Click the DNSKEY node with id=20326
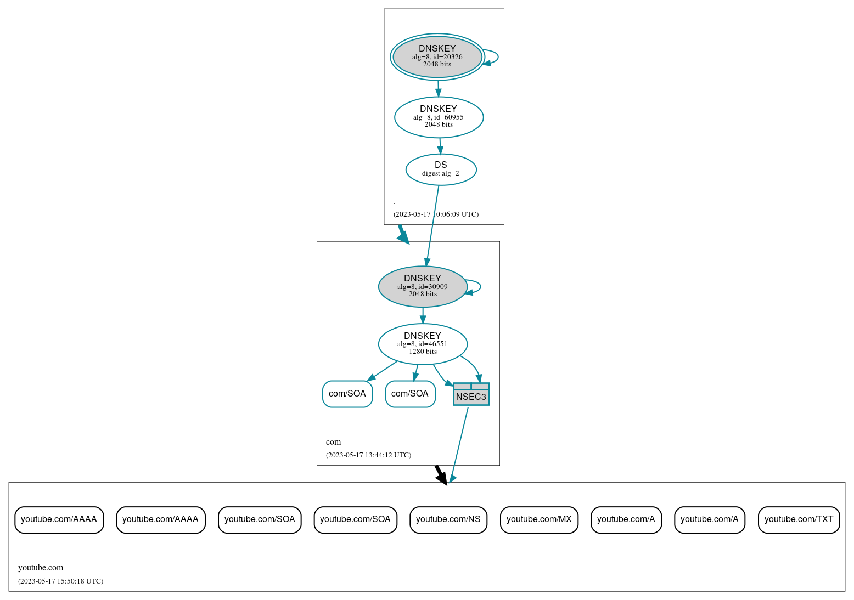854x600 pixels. pos(437,56)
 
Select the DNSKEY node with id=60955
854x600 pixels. pos(439,117)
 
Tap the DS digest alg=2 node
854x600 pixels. pos(441,169)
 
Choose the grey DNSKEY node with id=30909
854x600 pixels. pos(422,286)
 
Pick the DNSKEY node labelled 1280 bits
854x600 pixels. pos(423,344)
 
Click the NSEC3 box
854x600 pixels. pos(471,394)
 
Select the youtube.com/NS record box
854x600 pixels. pos(448,519)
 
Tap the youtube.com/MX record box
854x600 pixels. pos(539,519)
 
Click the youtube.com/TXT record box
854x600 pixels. pos(799,519)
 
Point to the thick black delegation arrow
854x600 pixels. pos(440,474)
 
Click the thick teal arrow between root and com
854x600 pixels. pos(403,234)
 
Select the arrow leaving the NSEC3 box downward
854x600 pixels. pos(459,444)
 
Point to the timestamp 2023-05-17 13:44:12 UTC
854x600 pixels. pos(368,455)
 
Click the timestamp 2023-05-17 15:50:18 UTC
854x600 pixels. pos(60,581)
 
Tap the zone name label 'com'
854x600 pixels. pos(333,442)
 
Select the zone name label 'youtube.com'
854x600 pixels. pos(41,568)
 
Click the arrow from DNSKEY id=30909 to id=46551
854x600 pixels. pos(423,315)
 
